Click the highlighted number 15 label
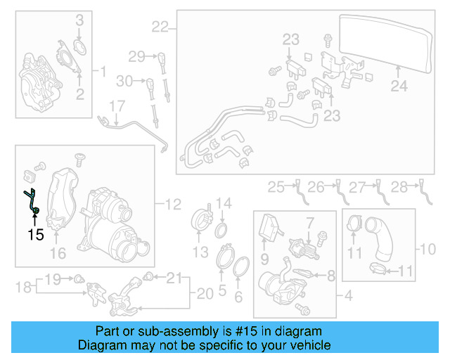pyautogui.click(x=36, y=234)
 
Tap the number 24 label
pyautogui.click(x=399, y=87)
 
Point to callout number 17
pyautogui.click(x=116, y=107)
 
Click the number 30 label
pyautogui.click(x=124, y=81)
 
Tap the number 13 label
pyautogui.click(x=201, y=252)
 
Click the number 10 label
pyautogui.click(x=428, y=249)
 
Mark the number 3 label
pyautogui.click(x=79, y=19)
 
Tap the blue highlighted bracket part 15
pyautogui.click(x=33, y=201)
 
